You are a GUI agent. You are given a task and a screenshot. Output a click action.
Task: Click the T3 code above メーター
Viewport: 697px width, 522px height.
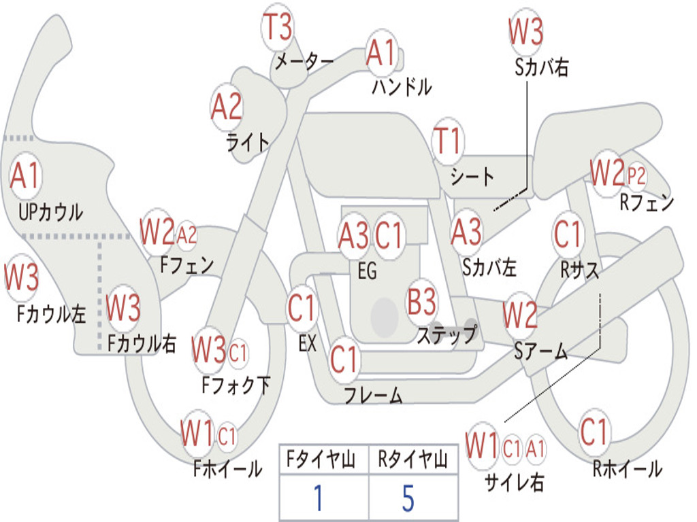pyautogui.click(x=278, y=27)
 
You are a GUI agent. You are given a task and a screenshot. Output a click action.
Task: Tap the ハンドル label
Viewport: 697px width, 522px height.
pyautogui.click(x=402, y=86)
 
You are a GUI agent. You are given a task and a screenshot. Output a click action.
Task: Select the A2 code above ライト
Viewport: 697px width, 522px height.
pyautogui.click(x=227, y=107)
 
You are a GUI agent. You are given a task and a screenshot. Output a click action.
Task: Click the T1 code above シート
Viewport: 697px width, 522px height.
pyautogui.click(x=448, y=141)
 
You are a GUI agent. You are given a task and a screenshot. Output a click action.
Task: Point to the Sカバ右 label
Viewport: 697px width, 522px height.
pyautogui.click(x=541, y=67)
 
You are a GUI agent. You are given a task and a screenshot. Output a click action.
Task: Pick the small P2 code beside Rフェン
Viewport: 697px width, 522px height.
pyautogui.click(x=636, y=176)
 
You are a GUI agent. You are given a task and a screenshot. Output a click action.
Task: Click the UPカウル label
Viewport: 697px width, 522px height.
pyautogui.click(x=50, y=212)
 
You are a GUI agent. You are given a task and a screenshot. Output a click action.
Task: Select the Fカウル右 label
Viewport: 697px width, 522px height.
pyautogui.click(x=142, y=343)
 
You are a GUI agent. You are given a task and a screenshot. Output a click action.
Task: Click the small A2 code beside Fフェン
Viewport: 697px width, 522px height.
pyautogui.click(x=187, y=234)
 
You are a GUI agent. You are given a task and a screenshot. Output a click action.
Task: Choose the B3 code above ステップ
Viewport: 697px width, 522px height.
pyautogui.click(x=421, y=302)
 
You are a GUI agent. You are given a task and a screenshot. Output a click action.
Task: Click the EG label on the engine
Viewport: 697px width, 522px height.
pyautogui.click(x=367, y=271)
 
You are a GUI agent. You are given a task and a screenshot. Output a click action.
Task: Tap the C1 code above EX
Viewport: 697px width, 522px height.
pyautogui.click(x=302, y=308)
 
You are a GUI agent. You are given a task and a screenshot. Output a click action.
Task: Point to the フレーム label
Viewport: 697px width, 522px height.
pyautogui.click(x=374, y=395)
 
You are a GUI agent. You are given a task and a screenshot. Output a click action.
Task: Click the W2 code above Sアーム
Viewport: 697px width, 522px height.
pyautogui.click(x=520, y=314)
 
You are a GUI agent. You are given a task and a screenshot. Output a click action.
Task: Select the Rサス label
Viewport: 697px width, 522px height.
pyautogui.click(x=579, y=269)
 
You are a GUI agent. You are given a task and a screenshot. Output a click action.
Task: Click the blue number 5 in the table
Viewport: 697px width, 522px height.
pyautogui.click(x=408, y=498)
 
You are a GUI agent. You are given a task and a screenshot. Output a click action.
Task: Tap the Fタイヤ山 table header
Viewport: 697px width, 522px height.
pyautogui.click(x=321, y=459)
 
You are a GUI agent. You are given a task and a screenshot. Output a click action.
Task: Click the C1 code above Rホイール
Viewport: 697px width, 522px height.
pyautogui.click(x=594, y=432)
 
